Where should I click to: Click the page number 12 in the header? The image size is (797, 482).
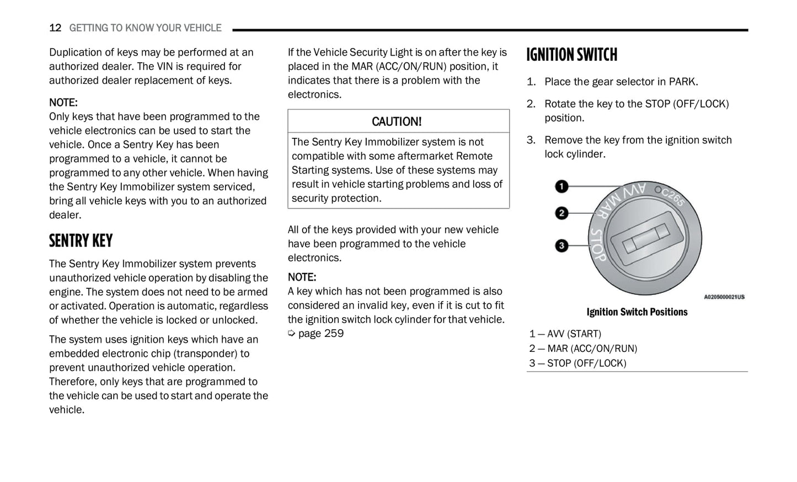tap(55, 28)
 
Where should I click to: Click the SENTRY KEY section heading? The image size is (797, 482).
tap(81, 241)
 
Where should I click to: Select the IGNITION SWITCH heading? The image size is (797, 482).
tap(571, 55)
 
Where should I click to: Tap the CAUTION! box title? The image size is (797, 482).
tap(397, 121)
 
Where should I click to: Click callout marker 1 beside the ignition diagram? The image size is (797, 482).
tap(561, 186)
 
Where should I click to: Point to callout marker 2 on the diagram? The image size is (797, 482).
tap(561, 213)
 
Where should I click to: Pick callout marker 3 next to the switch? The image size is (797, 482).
tap(561, 245)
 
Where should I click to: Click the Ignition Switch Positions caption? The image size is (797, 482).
tap(636, 312)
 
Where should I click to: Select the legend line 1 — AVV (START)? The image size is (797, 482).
tap(565, 334)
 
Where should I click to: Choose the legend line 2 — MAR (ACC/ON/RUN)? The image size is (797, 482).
tap(583, 349)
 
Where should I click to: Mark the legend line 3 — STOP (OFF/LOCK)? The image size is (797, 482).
tap(577, 363)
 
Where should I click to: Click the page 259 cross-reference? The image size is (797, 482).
tap(317, 334)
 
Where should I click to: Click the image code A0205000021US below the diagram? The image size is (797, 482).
tap(724, 297)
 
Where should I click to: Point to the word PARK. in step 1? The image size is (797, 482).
tap(683, 82)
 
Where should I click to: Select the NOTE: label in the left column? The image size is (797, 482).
tap(63, 103)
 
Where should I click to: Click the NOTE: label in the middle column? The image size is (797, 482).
tap(302, 277)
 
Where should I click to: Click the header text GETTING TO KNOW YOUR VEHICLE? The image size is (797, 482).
tap(145, 28)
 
